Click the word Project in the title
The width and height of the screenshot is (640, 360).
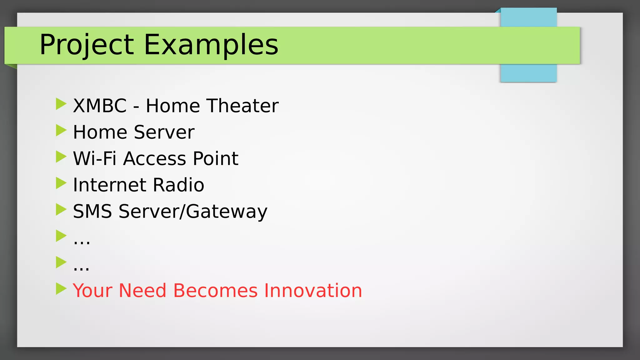coord(87,45)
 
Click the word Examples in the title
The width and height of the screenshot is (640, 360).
coord(211,45)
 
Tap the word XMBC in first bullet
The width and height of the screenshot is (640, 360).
coord(100,106)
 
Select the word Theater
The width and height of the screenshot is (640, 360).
coord(243,106)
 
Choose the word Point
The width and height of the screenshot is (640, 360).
coord(215,158)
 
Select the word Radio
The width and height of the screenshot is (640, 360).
coord(178,185)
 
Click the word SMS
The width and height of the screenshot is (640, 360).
coord(92,211)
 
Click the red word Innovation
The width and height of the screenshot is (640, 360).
coord(313,291)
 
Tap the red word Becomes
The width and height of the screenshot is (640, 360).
coord(215,291)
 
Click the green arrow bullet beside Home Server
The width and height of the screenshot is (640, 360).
coord(61,130)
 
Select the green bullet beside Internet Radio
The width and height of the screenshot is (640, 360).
coord(61,183)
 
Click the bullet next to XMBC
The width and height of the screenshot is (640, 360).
coord(61,104)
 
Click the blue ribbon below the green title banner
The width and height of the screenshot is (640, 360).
coord(528,73)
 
